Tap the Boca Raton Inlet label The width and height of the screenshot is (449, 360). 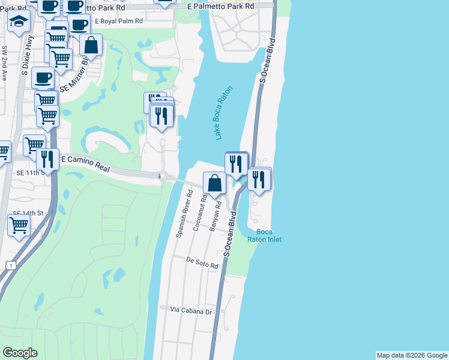click(265, 236)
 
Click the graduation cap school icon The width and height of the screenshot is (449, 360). click(19, 22)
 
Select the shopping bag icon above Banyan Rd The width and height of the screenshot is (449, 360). click(214, 182)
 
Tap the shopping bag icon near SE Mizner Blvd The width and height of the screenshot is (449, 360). click(91, 46)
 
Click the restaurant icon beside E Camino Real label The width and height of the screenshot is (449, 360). click(47, 160)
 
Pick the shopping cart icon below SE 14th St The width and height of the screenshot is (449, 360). click(19, 226)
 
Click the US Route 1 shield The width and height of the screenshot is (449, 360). click(9, 264)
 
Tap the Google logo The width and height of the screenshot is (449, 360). click(20, 353)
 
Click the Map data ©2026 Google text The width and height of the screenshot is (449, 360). click(411, 355)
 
